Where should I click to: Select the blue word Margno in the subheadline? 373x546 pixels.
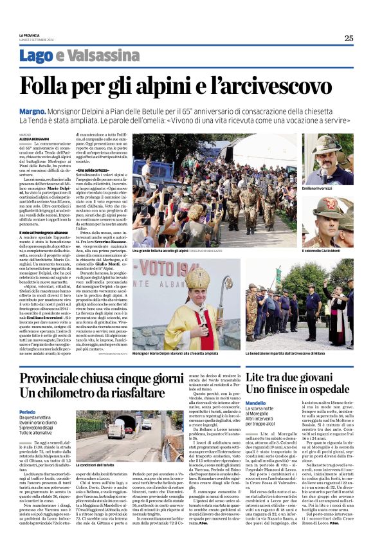(50, 111)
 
